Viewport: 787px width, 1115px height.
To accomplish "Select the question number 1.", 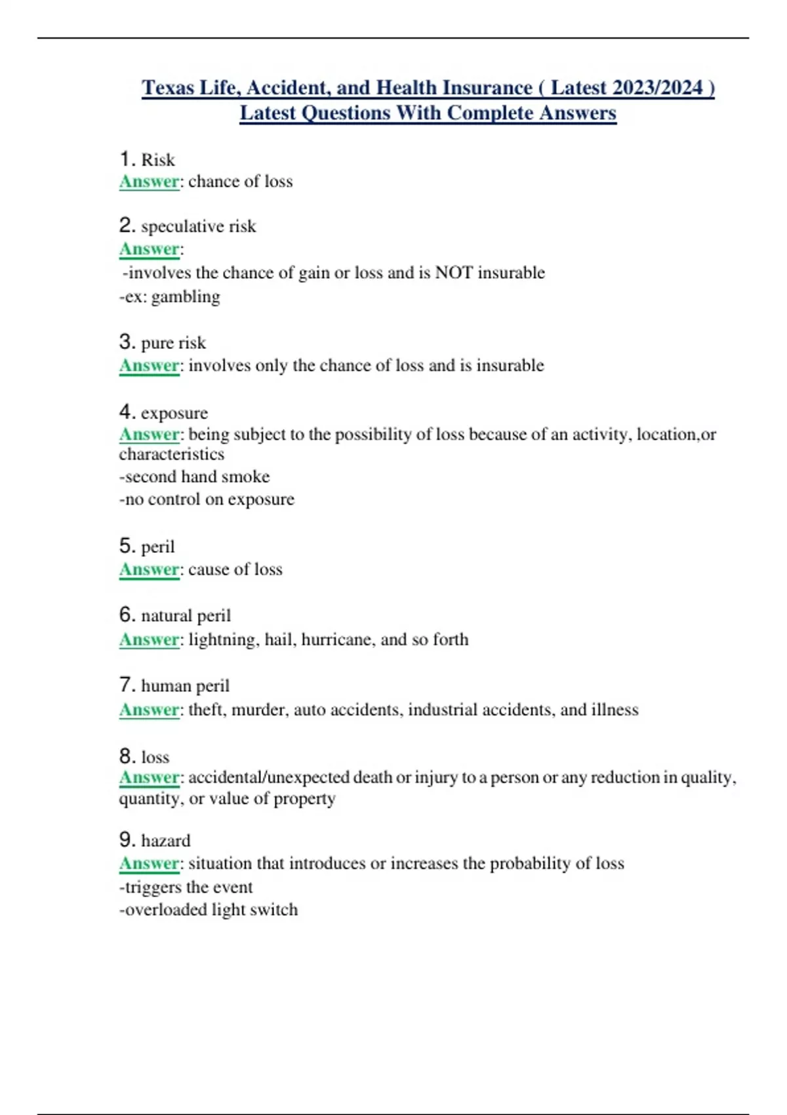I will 127,159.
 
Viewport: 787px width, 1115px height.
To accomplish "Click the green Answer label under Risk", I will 149,182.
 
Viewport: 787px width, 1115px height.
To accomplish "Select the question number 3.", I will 127,342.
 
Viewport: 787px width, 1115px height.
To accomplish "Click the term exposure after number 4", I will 174,413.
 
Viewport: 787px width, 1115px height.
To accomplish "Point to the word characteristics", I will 171,454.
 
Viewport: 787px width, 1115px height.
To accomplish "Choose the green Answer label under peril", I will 149,569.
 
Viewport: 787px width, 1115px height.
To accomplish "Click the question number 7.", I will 127,685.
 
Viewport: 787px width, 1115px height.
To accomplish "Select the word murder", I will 260,710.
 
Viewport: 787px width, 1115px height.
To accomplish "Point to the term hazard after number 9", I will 166,840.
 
